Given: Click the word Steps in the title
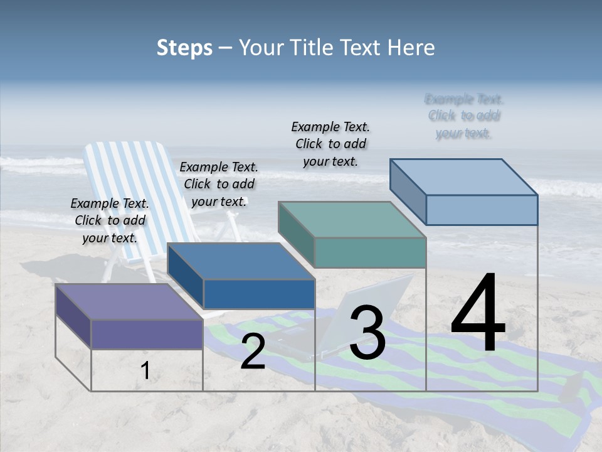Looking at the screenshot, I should [x=184, y=48].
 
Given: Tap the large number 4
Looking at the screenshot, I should [x=478, y=314].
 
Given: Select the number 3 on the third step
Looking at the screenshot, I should [x=367, y=333].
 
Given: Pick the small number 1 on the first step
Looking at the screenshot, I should [x=145, y=371].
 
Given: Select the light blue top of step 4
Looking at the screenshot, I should [x=464, y=177].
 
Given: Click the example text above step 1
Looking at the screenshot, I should [x=110, y=220].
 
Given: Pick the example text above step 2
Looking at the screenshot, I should [x=219, y=184].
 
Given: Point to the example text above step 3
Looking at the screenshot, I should [x=330, y=144].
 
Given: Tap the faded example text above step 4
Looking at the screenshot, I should [x=464, y=116].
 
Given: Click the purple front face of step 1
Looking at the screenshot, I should [x=147, y=334].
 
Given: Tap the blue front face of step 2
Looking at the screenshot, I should [x=259, y=294].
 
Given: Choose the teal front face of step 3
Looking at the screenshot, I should [x=370, y=252].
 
